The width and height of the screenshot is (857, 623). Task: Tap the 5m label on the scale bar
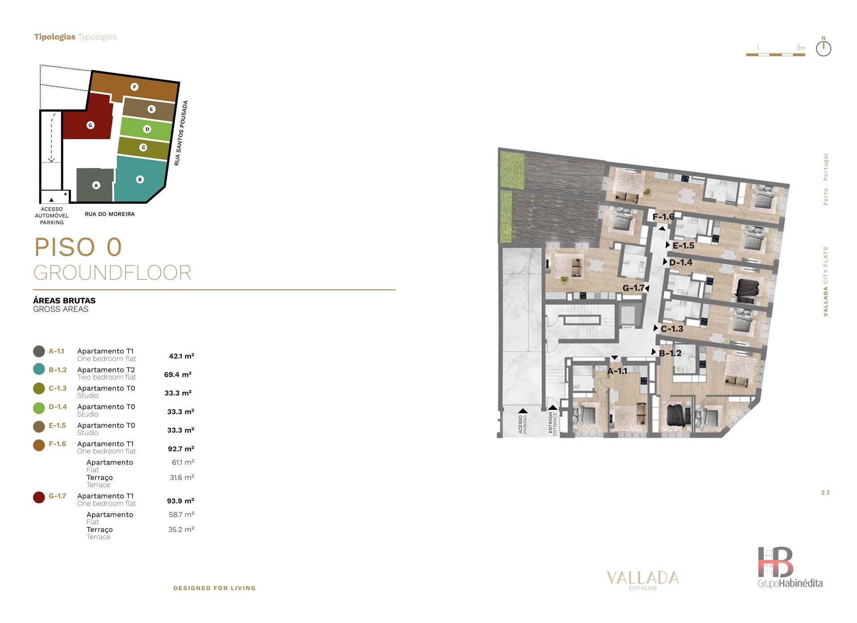(x=801, y=48)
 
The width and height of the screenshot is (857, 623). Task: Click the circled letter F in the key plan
(x=134, y=87)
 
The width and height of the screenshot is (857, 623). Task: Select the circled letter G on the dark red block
(x=90, y=125)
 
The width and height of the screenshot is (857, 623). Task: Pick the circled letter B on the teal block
(x=140, y=179)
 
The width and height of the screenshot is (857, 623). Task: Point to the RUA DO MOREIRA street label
(x=110, y=214)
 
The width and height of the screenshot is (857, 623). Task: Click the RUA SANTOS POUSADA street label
(x=181, y=133)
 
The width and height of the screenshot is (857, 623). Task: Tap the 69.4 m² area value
(x=178, y=374)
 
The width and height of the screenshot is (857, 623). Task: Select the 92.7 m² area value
(x=181, y=449)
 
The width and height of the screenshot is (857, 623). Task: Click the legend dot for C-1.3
(x=39, y=388)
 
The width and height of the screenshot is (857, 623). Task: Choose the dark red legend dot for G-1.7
(x=39, y=497)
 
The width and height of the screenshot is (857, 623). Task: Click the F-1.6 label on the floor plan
(x=663, y=217)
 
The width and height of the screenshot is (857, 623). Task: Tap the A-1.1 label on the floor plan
(x=617, y=371)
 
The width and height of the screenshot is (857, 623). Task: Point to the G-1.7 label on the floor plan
(x=634, y=288)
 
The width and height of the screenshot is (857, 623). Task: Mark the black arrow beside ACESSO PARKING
(x=523, y=411)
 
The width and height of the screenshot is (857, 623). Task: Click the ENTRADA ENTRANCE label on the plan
(x=553, y=423)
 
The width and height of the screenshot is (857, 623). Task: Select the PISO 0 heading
(x=78, y=247)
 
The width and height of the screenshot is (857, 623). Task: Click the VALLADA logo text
(x=643, y=578)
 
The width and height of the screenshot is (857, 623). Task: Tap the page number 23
(x=825, y=493)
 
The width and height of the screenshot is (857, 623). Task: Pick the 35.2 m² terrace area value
(x=181, y=530)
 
